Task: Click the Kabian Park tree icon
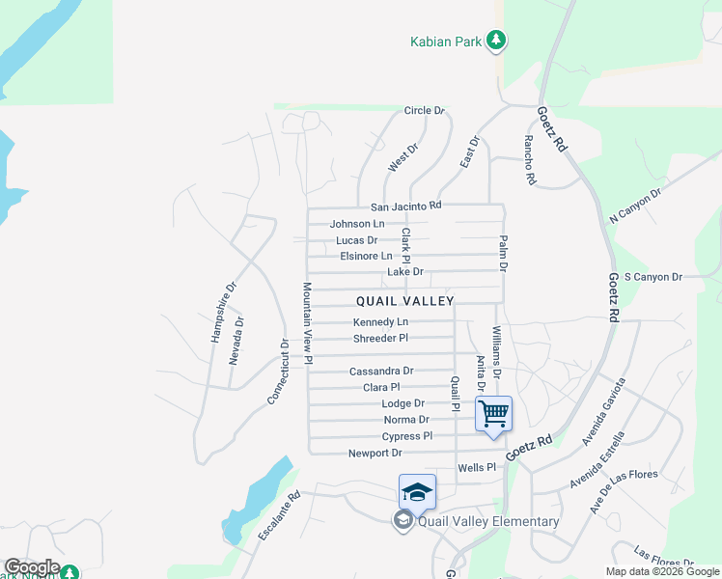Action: (x=496, y=41)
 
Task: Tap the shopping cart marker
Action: (x=493, y=414)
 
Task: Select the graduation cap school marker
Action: (x=417, y=492)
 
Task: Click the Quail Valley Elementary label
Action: (x=487, y=522)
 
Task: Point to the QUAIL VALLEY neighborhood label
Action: (x=404, y=301)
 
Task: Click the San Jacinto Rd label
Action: (x=405, y=207)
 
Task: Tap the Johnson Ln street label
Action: (x=357, y=224)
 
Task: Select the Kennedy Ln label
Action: (x=380, y=321)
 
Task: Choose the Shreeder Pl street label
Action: (x=380, y=338)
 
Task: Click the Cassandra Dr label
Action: (x=380, y=371)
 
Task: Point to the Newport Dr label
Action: (x=375, y=453)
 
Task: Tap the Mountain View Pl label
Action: (x=307, y=322)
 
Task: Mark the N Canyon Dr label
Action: (x=635, y=206)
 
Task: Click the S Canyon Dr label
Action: (x=653, y=277)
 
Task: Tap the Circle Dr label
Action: (x=424, y=111)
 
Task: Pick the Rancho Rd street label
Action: (x=530, y=159)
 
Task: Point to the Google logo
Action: (x=31, y=567)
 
